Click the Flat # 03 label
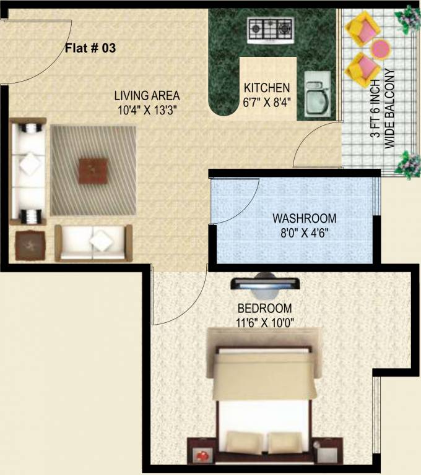tap(91, 48)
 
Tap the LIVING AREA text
tap(147, 96)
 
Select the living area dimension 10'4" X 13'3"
tap(147, 111)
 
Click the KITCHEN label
tap(266, 87)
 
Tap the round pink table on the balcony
tap(380, 48)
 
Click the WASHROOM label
tap(305, 218)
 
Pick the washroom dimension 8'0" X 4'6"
tap(305, 234)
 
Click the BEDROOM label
tap(265, 308)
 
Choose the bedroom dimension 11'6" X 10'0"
tap(265, 322)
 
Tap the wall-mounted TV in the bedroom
tap(266, 284)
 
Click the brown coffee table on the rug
tap(93, 169)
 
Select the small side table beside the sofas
tap(30, 244)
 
